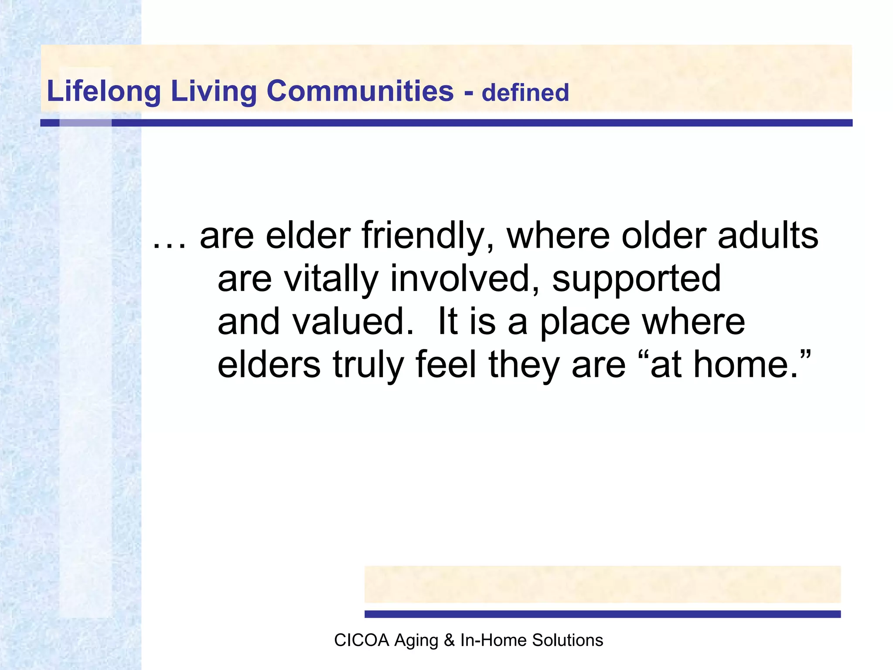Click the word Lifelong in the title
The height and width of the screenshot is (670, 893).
[x=104, y=91]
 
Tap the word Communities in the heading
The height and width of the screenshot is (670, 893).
[x=360, y=91]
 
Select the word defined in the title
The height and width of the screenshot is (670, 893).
[x=525, y=93]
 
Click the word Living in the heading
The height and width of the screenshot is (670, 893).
[x=214, y=91]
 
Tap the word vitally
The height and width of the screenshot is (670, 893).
[x=331, y=279]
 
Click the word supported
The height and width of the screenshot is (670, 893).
[x=636, y=279]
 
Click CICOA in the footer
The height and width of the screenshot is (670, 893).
[x=361, y=640]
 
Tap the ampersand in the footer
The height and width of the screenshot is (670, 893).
[x=449, y=640]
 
